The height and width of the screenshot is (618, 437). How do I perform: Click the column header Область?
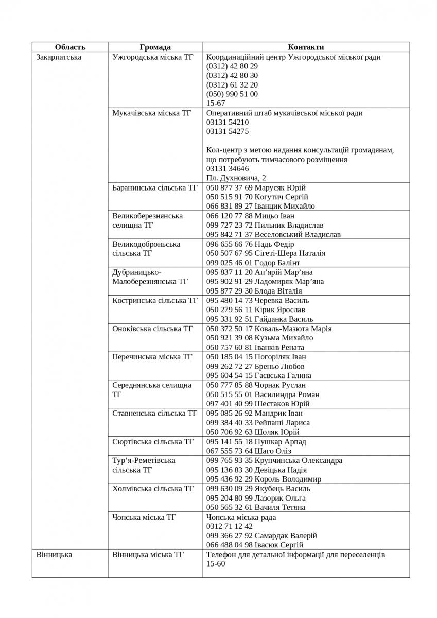click(70, 47)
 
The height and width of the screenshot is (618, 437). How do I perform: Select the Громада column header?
click(155, 47)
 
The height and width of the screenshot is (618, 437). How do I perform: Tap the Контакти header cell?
click(306, 47)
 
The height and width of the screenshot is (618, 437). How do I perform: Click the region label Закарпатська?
click(59, 57)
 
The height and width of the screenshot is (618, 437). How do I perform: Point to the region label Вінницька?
click(54, 555)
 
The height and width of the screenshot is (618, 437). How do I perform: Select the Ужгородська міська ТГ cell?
click(153, 57)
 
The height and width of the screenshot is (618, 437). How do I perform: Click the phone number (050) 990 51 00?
click(232, 94)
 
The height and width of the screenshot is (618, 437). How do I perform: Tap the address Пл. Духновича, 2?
click(236, 178)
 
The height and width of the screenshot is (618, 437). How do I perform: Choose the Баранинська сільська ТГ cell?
click(154, 187)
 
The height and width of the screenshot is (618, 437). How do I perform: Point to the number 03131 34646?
click(227, 168)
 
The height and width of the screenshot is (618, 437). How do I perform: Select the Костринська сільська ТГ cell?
click(154, 300)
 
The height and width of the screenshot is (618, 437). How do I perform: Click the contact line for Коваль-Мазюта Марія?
click(269, 329)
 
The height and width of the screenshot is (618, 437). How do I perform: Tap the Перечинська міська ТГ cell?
click(152, 356)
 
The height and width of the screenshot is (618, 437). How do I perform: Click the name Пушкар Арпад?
click(280, 442)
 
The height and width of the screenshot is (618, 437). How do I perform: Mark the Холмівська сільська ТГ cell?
click(153, 488)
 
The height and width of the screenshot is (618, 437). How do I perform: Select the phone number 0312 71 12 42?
click(229, 526)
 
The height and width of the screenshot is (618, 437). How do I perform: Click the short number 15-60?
click(215, 564)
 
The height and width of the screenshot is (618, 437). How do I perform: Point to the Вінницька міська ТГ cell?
click(148, 555)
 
